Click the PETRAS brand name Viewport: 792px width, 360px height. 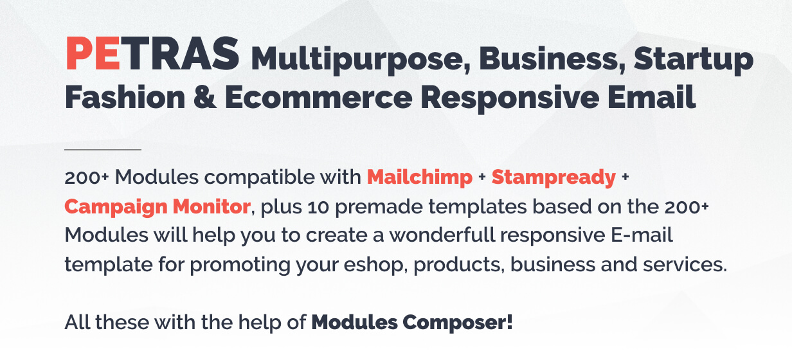point(152,54)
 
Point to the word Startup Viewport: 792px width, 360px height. point(694,60)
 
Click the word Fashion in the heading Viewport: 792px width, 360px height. point(125,97)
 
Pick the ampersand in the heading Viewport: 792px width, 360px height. point(204,97)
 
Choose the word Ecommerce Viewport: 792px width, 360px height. point(318,97)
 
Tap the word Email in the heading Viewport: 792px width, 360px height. point(652,97)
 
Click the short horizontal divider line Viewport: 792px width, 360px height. point(103,150)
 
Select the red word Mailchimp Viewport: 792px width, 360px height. point(420,177)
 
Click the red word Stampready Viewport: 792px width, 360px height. point(553,177)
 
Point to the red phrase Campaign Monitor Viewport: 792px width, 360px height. point(157,207)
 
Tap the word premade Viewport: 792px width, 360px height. point(379,208)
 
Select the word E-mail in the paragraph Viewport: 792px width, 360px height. point(642,235)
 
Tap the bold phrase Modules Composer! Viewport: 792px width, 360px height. point(412,323)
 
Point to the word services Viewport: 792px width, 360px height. point(685,265)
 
